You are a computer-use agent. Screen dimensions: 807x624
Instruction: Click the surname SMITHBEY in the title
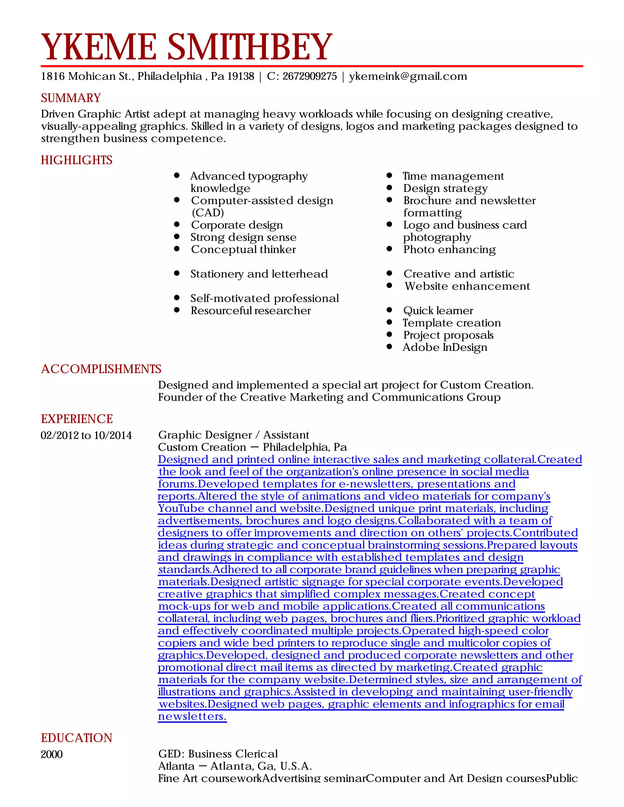coord(250,47)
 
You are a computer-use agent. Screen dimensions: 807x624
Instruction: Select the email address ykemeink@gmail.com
coord(408,76)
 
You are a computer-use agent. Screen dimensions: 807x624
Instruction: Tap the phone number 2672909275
coord(310,76)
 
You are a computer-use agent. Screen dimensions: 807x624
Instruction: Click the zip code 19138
coord(240,76)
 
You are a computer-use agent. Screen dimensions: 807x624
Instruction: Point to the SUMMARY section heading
coord(71,98)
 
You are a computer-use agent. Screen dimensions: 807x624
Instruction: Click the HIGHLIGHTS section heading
coord(76,160)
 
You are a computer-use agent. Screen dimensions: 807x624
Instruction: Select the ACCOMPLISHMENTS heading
coord(101,369)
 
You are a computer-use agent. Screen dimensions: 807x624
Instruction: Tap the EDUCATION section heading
coord(76,738)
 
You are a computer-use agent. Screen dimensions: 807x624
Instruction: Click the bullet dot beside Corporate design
coord(177,224)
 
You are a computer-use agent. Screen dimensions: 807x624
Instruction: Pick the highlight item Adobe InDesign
coord(445,347)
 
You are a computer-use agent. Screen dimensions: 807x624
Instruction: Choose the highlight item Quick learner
coord(438,310)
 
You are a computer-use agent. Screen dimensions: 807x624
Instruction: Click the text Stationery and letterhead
coord(259,274)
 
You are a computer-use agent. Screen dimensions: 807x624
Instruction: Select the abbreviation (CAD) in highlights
coord(207,213)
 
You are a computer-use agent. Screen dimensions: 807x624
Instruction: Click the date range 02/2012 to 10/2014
coord(86,435)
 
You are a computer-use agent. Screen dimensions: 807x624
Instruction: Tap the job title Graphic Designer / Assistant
coord(233,435)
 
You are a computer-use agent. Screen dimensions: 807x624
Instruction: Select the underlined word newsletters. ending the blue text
coord(192,717)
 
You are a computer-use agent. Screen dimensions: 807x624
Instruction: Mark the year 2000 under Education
coord(52,754)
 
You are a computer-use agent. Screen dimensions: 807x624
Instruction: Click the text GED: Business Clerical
coord(218,754)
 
